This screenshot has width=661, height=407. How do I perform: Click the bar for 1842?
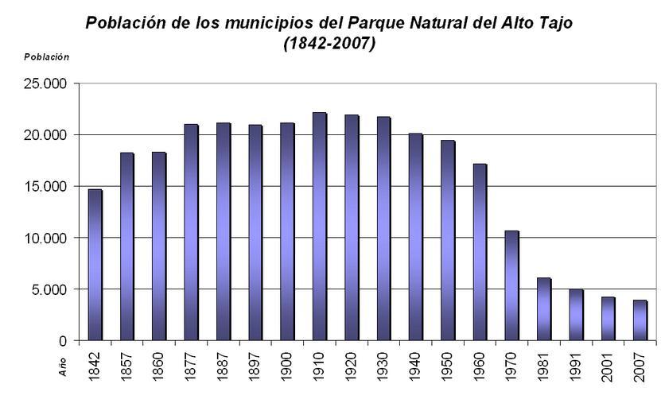click(x=95, y=265)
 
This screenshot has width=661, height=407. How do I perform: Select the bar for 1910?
click(x=319, y=227)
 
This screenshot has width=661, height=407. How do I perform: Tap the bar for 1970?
click(x=511, y=285)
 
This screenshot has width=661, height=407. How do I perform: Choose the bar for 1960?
click(x=480, y=252)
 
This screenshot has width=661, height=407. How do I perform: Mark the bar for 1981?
click(x=543, y=309)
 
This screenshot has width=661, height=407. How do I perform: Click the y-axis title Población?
click(x=46, y=57)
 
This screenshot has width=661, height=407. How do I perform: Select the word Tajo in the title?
click(x=554, y=22)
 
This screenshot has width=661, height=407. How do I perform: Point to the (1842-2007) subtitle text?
click(x=329, y=44)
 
